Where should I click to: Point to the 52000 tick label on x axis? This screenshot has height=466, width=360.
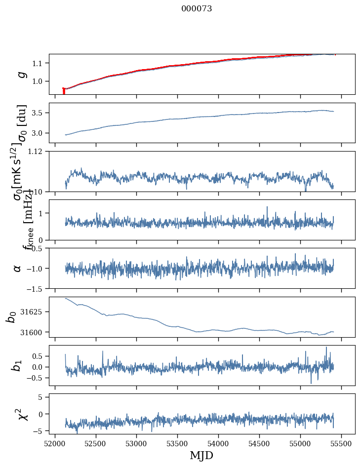tap(55, 444)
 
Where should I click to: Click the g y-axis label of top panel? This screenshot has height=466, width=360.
tap(21, 74)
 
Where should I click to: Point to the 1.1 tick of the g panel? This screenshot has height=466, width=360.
tap(40, 63)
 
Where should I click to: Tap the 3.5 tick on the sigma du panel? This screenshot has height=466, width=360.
tap(40, 113)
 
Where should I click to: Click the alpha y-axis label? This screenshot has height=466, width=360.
tap(18, 268)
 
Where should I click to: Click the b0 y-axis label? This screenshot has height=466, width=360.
tap(11, 317)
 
